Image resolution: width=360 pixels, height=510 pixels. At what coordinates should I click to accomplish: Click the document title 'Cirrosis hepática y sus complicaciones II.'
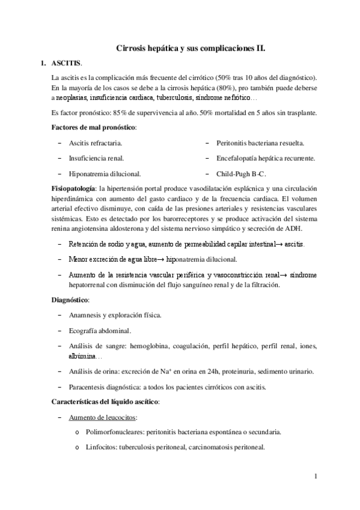click(x=191, y=46)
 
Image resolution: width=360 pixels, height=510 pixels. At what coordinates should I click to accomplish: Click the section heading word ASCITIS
click(x=65, y=63)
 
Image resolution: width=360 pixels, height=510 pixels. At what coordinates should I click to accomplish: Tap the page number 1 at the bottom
click(x=315, y=477)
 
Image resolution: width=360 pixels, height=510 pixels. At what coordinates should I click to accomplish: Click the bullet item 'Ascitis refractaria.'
click(x=96, y=143)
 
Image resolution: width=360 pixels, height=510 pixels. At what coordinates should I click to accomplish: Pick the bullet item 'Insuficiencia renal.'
click(x=97, y=158)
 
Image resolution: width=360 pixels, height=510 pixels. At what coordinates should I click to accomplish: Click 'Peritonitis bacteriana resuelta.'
click(x=260, y=143)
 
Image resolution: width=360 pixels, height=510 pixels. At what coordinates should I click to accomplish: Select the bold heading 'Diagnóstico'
click(x=71, y=299)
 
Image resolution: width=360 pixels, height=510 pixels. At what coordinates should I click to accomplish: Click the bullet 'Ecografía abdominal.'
click(x=100, y=331)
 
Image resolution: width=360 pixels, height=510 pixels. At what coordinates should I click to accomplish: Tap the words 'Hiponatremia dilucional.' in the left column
click(x=105, y=174)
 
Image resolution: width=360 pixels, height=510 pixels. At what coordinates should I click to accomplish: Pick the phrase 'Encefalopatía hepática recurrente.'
click(x=266, y=158)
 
